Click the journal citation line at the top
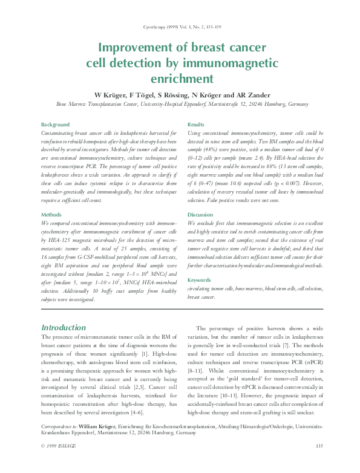(x=180, y=27)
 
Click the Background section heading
(x=54, y=124)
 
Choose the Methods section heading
(x=51, y=215)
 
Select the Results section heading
(x=196, y=124)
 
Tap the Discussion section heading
(x=200, y=215)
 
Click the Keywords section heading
(x=200, y=280)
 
